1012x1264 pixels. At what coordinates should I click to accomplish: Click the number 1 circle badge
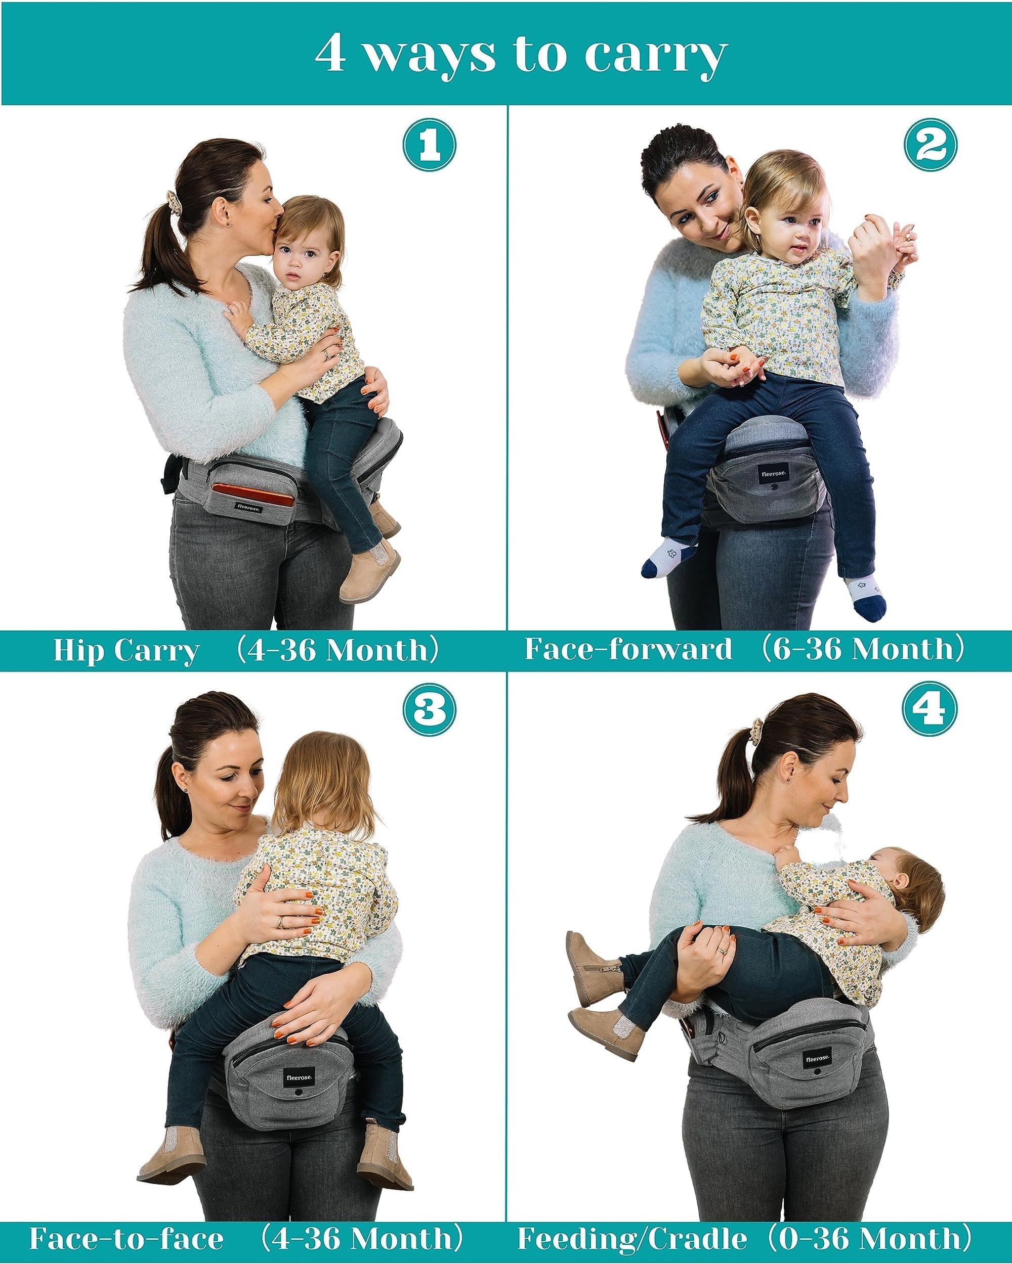click(430, 146)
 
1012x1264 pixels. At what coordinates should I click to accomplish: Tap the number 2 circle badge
click(931, 146)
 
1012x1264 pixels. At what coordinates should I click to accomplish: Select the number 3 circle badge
click(430, 710)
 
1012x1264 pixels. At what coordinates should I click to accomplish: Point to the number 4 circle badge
click(931, 710)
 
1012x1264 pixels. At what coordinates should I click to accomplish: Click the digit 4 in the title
click(330, 55)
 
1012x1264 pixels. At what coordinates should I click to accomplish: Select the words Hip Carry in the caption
click(126, 651)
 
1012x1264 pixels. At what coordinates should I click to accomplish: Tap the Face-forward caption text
click(628, 649)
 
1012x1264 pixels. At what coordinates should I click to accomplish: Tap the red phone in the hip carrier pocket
click(254, 495)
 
